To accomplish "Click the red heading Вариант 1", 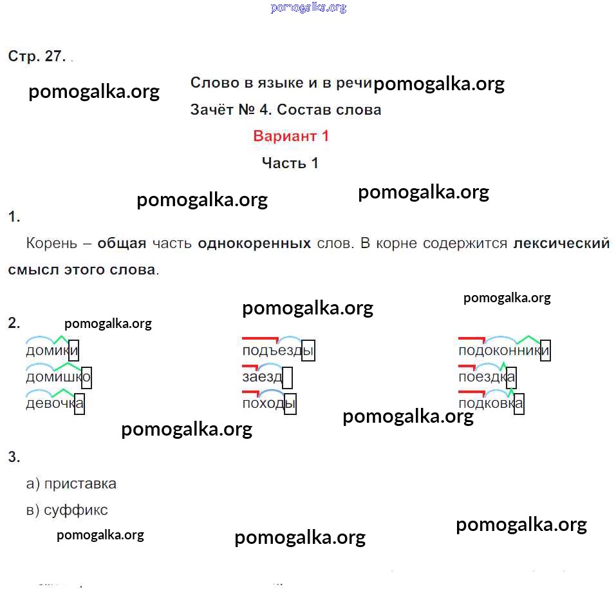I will click(291, 136).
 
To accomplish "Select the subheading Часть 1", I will click(290, 163).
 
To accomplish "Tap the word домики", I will click(51, 351).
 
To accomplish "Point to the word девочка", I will click(55, 404).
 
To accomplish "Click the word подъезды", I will click(277, 351).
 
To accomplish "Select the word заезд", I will click(262, 377).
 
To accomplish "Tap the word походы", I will click(268, 404).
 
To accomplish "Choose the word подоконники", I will click(503, 351).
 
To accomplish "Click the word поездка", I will click(487, 377).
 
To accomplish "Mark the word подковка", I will click(490, 404).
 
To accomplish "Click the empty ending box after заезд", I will click(288, 377).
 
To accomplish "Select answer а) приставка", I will click(71, 483).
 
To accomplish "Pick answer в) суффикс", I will click(67, 510).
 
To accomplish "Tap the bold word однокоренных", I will click(255, 244).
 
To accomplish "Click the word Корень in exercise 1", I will click(51, 244).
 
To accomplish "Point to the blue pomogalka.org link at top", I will click(308, 8).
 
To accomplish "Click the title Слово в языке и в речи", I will click(281, 82).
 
